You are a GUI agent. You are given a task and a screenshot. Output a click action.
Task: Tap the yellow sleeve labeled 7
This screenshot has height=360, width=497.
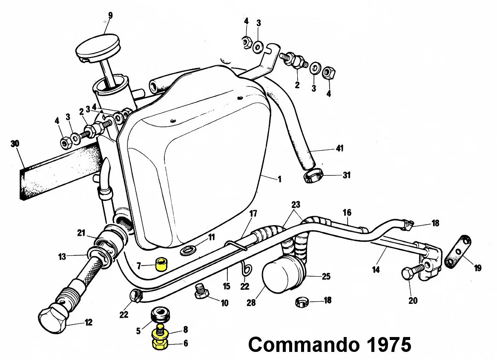tap(161, 265)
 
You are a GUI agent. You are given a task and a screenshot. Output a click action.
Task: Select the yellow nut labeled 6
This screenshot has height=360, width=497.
tap(159, 343)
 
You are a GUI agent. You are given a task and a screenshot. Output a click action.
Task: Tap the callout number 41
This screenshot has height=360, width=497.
tap(339, 149)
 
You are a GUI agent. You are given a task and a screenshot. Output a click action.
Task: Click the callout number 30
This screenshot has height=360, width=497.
tap(15, 144)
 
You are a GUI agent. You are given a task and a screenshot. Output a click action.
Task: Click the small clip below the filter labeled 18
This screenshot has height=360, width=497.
tap(302, 303)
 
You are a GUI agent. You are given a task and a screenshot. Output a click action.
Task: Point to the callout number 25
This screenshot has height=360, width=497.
tap(326, 277)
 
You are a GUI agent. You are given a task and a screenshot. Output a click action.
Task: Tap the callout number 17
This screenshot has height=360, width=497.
tap(253, 214)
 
